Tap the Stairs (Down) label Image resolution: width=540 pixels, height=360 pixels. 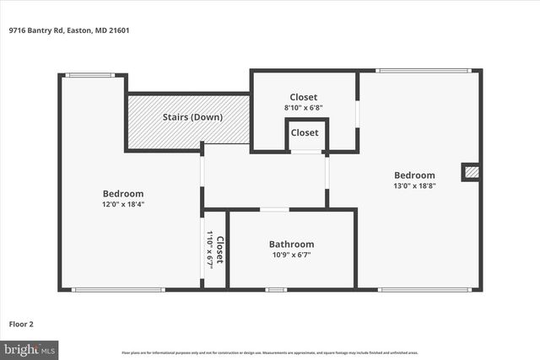pyautogui.click(x=192, y=116)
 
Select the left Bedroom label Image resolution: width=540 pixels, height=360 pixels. pyautogui.click(x=122, y=193)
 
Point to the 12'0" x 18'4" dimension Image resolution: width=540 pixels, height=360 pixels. pyautogui.click(x=122, y=203)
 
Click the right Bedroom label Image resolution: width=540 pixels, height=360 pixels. pyautogui.click(x=414, y=175)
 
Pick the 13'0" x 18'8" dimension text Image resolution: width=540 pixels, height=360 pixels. pyautogui.click(x=414, y=185)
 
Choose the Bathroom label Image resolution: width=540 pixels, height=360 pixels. pyautogui.click(x=291, y=244)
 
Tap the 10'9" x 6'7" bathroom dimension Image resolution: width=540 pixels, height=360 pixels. pyautogui.click(x=291, y=255)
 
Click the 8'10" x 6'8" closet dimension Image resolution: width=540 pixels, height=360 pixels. pyautogui.click(x=304, y=107)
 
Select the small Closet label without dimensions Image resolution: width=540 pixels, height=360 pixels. pyautogui.click(x=305, y=132)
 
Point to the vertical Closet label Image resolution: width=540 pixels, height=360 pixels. pyautogui.click(x=219, y=250)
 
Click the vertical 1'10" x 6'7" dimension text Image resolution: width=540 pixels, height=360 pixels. pyautogui.click(x=209, y=250)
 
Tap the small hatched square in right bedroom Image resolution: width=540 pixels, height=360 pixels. pyautogui.click(x=472, y=172)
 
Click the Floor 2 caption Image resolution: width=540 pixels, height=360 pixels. pyautogui.click(x=21, y=323)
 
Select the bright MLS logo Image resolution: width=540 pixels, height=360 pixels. pyautogui.click(x=30, y=347)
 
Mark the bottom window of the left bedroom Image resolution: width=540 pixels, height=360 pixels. pyautogui.click(x=117, y=290)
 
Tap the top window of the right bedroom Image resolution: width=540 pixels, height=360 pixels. pyautogui.click(x=423, y=71)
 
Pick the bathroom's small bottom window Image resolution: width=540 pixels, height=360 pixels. pyautogui.click(x=276, y=290)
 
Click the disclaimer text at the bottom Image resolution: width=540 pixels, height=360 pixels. pyautogui.click(x=269, y=352)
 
